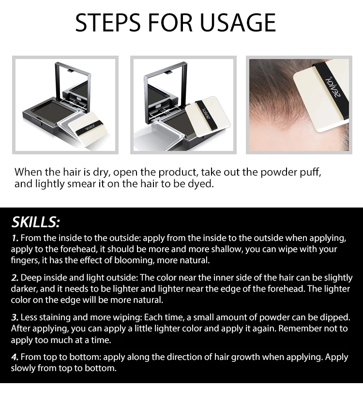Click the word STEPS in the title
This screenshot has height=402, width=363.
(x=108, y=23)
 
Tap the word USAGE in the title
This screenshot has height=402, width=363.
(x=238, y=23)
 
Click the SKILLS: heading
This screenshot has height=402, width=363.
(x=36, y=222)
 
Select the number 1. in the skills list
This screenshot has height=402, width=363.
(x=15, y=238)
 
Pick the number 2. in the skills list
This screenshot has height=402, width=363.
(x=15, y=278)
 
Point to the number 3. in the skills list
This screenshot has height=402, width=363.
(x=15, y=318)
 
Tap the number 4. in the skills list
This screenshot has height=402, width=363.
(x=15, y=357)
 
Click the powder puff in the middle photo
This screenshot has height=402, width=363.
(x=207, y=115)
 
